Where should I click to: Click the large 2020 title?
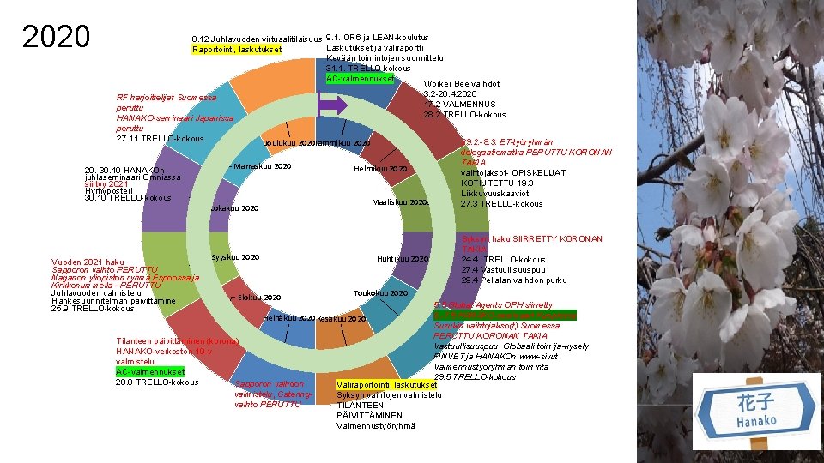pos(56,37)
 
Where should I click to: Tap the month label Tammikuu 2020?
pos(343,142)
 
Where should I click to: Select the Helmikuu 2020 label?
pos(380,169)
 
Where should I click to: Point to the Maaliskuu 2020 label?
pos(399,203)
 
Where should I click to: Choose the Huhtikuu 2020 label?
pos(402,259)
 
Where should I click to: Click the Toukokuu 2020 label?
pos(380,293)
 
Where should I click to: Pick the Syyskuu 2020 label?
pos(235,257)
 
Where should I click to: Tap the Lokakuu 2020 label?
pos(234,208)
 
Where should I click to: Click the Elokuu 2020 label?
pos(259,298)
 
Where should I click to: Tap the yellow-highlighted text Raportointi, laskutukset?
pos(236,50)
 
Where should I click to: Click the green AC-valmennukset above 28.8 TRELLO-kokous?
pos(149,371)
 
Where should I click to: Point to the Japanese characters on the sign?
pos(757,403)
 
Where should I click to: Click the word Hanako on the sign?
pos(756,421)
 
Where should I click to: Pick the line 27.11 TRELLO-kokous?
pos(160,138)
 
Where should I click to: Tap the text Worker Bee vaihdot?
pos(462,84)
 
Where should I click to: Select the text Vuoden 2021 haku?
pos(88,262)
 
